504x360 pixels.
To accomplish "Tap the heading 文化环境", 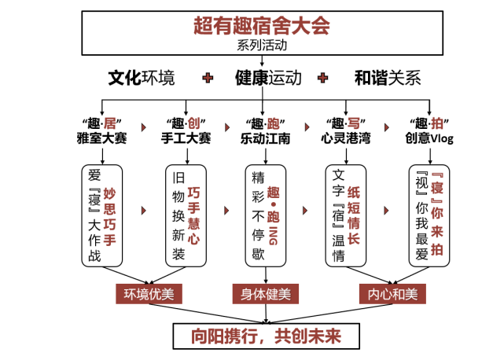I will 142,78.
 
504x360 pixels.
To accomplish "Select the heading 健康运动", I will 267,78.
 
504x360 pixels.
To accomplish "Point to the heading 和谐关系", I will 387,78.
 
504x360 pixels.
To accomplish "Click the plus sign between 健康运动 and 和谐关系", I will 322,78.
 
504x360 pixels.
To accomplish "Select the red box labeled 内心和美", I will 392,295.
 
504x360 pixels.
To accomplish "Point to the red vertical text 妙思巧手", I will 109,217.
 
